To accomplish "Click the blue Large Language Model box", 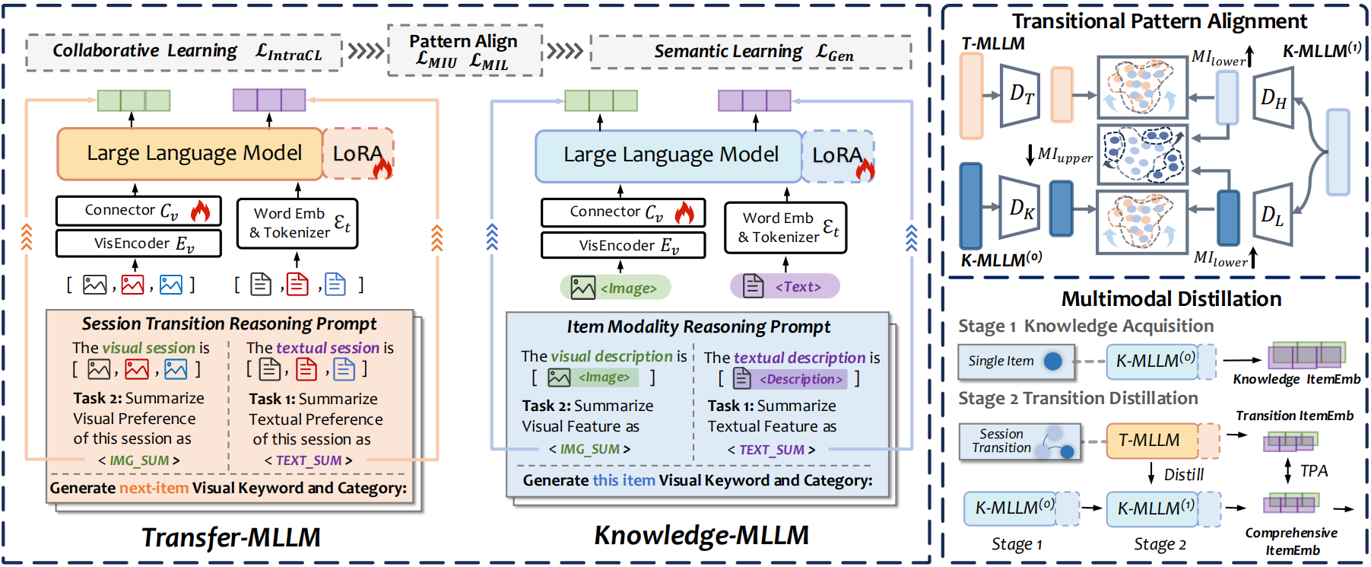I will [x=669, y=155].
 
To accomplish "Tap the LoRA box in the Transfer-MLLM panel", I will [x=358, y=154].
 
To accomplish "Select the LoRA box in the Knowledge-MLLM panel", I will [x=837, y=156].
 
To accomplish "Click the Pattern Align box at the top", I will [x=465, y=51].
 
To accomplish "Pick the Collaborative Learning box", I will [x=184, y=52].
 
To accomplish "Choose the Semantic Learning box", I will [x=751, y=53].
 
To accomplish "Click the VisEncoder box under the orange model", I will [x=138, y=244].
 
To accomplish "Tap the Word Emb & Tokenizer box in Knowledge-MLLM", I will [x=785, y=228].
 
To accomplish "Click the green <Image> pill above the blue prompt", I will [x=615, y=287].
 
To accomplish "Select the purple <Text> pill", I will [x=785, y=286].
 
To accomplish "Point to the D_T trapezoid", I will [x=1020, y=95].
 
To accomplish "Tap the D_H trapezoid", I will [x=1273, y=97].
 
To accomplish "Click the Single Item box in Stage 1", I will [x=1015, y=362].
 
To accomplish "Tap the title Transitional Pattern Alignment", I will [x=1159, y=21].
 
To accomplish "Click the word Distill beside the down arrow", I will [x=1184, y=475].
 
